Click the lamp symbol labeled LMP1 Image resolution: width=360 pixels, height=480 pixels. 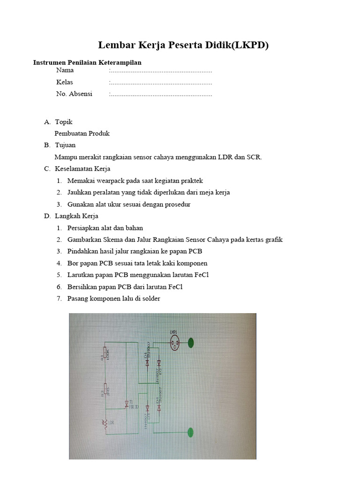point(174,345)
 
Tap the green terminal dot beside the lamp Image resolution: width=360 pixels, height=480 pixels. point(191,344)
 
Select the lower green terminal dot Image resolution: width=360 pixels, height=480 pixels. point(190,432)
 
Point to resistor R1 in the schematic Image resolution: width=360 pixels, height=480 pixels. point(105,358)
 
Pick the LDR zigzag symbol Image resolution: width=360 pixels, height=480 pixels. point(106,424)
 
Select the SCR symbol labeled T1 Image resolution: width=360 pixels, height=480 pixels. point(127,403)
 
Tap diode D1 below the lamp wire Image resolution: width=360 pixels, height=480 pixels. point(147,362)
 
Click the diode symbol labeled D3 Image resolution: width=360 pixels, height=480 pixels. point(148,407)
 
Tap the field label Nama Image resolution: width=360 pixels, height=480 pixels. point(65,71)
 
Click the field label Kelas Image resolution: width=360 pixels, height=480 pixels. point(65,82)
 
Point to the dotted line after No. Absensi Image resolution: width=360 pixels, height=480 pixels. point(160,94)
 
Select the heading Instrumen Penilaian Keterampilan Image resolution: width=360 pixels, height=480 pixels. point(87,62)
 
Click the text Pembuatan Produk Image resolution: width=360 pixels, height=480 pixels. point(82,134)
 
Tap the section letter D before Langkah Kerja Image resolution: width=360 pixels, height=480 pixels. point(47,216)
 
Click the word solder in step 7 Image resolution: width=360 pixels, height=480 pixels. point(150,298)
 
